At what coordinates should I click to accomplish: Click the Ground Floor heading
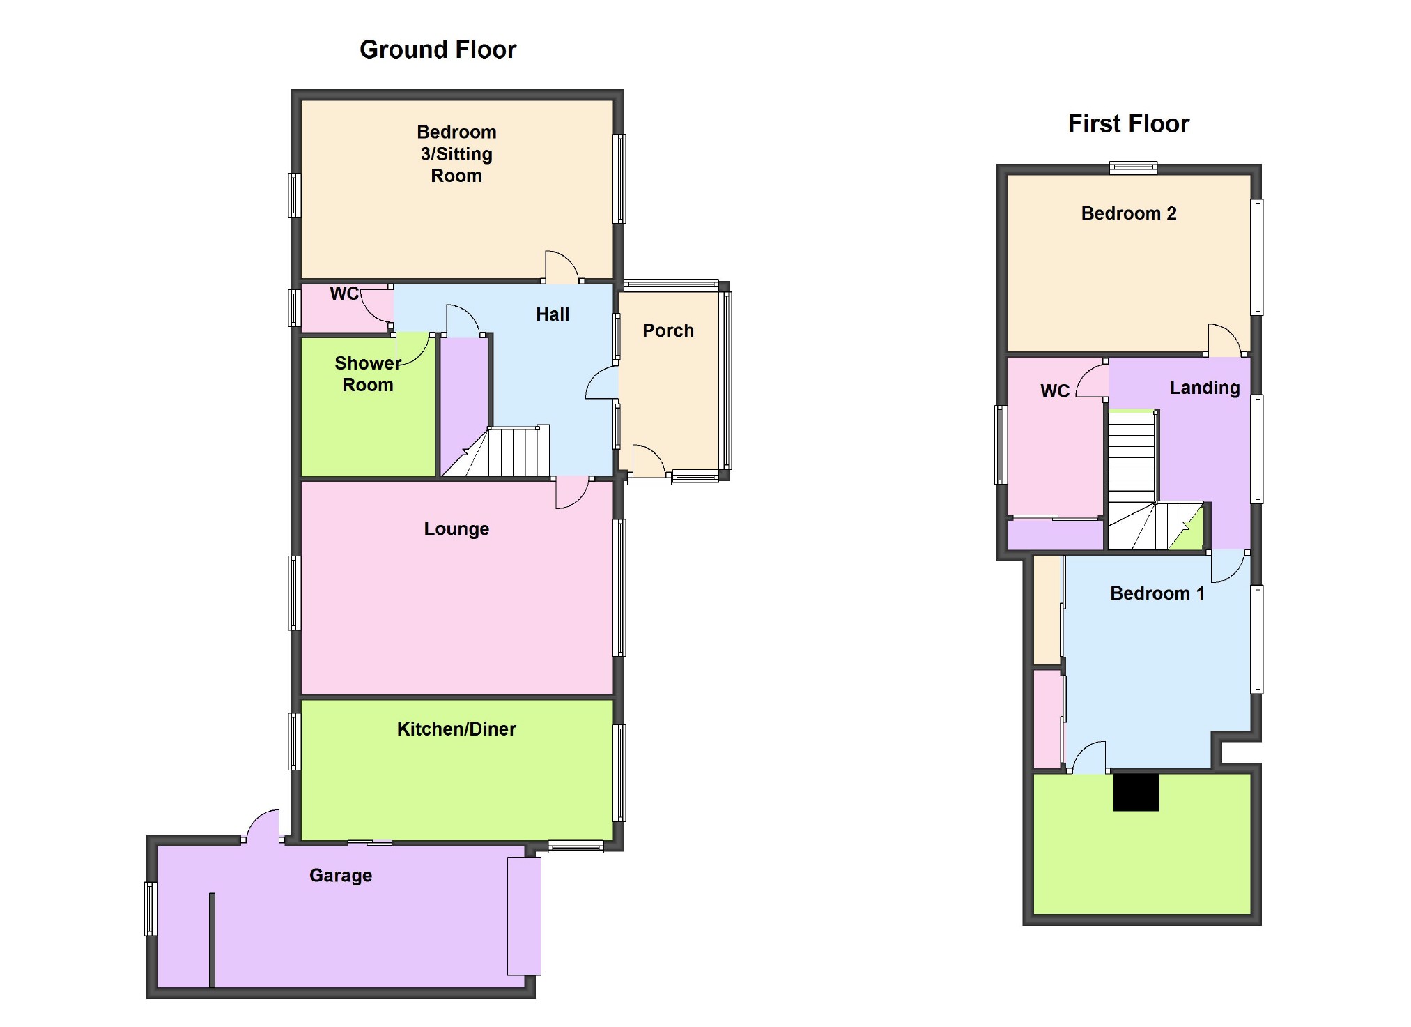tap(438, 50)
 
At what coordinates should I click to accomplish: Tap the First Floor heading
tap(1128, 123)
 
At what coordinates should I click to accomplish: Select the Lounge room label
tap(456, 528)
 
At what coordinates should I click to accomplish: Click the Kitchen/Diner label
tap(456, 729)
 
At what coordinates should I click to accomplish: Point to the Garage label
tap(341, 875)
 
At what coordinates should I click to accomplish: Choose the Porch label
tap(668, 330)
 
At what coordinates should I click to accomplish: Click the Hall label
tap(553, 314)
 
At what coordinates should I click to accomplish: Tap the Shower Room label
tap(367, 374)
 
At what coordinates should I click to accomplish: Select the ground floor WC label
tap(344, 294)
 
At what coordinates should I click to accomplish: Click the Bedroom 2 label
tap(1128, 213)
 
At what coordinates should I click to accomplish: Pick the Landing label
tap(1204, 388)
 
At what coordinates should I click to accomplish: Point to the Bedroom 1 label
tap(1157, 593)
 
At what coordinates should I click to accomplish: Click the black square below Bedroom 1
tap(1136, 792)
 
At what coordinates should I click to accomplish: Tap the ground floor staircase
tap(509, 452)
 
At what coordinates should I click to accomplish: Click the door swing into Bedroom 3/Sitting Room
tap(562, 266)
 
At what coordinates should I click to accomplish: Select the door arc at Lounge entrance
tap(572, 493)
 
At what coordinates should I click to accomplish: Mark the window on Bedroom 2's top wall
tap(1133, 167)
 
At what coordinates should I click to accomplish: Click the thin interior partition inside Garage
tap(212, 939)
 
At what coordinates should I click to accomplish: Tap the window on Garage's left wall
tap(150, 908)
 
